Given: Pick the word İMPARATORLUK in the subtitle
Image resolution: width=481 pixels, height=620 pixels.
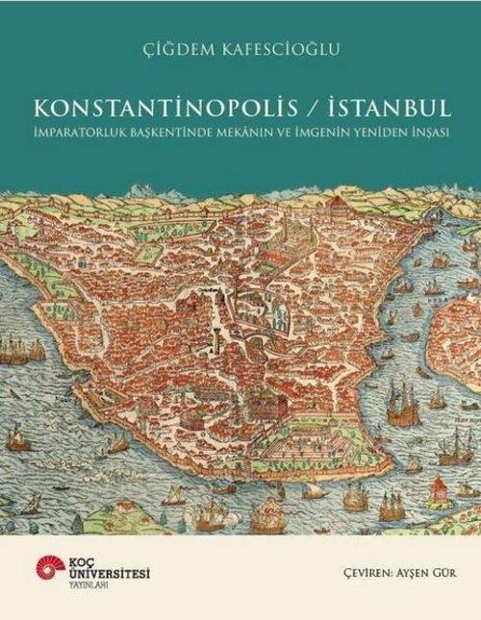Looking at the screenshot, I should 86,128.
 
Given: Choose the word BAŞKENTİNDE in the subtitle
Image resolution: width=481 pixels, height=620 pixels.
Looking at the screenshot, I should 165,128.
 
